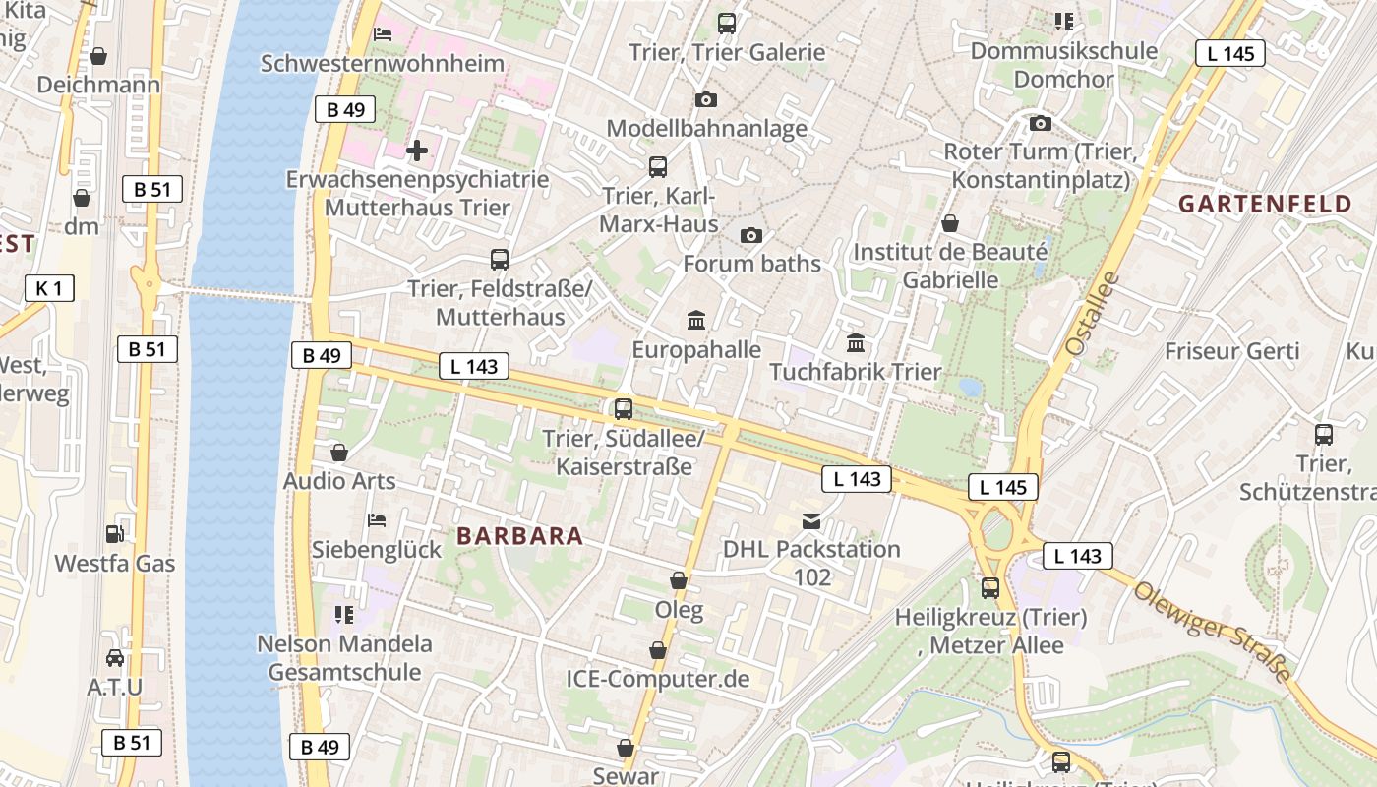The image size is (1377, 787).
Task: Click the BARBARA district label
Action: (520, 536)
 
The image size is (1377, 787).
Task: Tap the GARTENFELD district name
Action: (1265, 205)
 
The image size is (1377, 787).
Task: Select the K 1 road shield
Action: (49, 288)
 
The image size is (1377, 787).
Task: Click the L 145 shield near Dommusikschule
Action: (1229, 53)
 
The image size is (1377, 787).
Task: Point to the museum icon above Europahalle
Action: (696, 320)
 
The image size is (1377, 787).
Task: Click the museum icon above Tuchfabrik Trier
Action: (856, 343)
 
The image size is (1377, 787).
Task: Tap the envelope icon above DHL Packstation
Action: (811, 520)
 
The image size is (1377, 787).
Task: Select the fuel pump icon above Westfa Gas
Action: (115, 534)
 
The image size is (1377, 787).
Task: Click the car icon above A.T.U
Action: (115, 657)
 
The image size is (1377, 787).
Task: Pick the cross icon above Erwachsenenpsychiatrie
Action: (417, 151)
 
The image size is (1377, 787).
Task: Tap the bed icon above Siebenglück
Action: (376, 519)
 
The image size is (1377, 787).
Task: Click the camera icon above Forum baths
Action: (751, 235)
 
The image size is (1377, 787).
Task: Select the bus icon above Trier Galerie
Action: (727, 24)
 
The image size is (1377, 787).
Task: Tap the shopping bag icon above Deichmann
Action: (98, 56)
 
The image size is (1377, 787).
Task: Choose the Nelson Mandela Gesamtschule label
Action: (344, 658)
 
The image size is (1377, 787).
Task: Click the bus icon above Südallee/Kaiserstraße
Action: (623, 409)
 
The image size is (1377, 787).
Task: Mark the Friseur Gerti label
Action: (1231, 351)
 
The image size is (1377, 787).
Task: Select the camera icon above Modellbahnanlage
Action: (705, 99)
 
